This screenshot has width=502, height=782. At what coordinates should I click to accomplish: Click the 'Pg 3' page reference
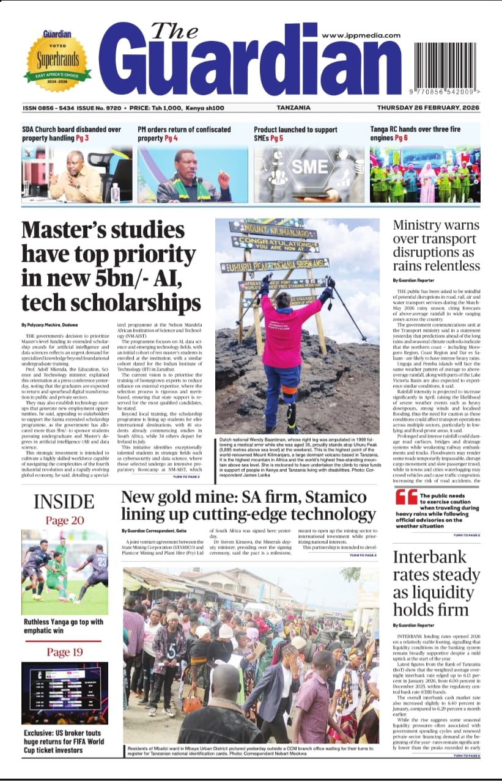(x=83, y=139)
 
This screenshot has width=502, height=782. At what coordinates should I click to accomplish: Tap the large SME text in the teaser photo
(x=309, y=167)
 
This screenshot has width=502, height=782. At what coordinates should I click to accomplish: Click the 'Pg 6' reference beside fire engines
(x=401, y=139)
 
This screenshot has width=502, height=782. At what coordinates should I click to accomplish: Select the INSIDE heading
(x=64, y=502)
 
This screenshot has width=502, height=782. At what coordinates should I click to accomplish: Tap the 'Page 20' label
(x=65, y=521)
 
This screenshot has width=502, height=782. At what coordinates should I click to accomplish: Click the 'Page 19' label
(x=65, y=652)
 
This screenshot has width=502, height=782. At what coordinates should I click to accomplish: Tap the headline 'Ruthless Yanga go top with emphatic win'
(x=64, y=627)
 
